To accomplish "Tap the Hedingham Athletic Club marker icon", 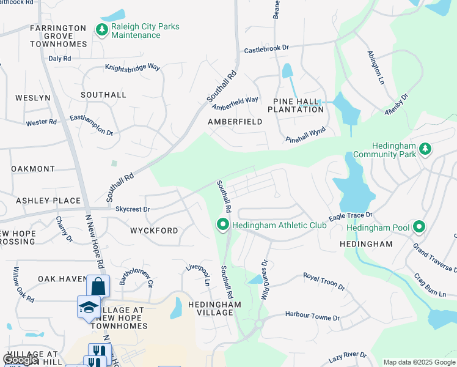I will pos(223,226).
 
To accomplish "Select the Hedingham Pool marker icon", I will pos(419,228).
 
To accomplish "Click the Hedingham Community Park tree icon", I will pos(426,149).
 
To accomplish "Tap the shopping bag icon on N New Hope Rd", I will pos(98,286).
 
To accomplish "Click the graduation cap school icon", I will pos(89,306).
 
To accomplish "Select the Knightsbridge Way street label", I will pos(133,69).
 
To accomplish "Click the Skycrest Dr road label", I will pos(133,209).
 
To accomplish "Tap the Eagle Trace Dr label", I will pos(350,216).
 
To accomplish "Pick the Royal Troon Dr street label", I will pos(324,282).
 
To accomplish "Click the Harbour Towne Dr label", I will pos(312,317).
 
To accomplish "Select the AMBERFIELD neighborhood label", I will pos(235,122).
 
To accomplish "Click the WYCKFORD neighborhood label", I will pos(154,231).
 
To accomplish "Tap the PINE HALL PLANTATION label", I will pos(298,105).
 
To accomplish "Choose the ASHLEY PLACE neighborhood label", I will pos(48,201).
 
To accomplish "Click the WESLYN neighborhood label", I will pos(28,98).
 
